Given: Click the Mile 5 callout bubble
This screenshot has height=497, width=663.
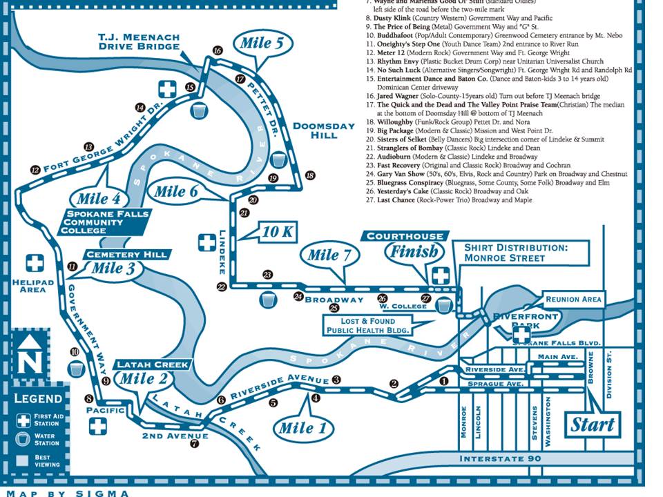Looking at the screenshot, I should pos(261,43).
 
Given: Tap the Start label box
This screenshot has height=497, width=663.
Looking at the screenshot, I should pos(593,424).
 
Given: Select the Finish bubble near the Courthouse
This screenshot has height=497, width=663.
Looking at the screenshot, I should pos(414,251).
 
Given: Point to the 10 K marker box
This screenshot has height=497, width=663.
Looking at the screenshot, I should pos(278,232).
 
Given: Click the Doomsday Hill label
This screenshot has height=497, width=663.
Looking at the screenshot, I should pos(315,130).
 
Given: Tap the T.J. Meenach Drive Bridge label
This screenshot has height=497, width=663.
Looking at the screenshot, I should pos(139,42).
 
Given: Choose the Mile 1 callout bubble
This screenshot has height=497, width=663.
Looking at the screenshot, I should pos(296,427).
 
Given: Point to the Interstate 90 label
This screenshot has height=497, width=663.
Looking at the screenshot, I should pos(506,459).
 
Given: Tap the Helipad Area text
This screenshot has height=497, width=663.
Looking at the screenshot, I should pos(28,285).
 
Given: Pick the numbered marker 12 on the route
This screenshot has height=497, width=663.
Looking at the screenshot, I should pos(35,170).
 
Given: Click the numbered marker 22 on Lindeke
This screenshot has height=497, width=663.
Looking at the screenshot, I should pos(222,286).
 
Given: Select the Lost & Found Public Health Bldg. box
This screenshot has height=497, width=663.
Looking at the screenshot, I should pos(368,325).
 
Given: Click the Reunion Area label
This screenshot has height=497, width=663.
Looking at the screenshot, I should pos(573,299).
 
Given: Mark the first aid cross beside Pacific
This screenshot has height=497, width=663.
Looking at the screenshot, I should pos(98,425).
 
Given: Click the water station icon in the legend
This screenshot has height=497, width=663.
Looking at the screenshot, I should pos(23,439).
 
